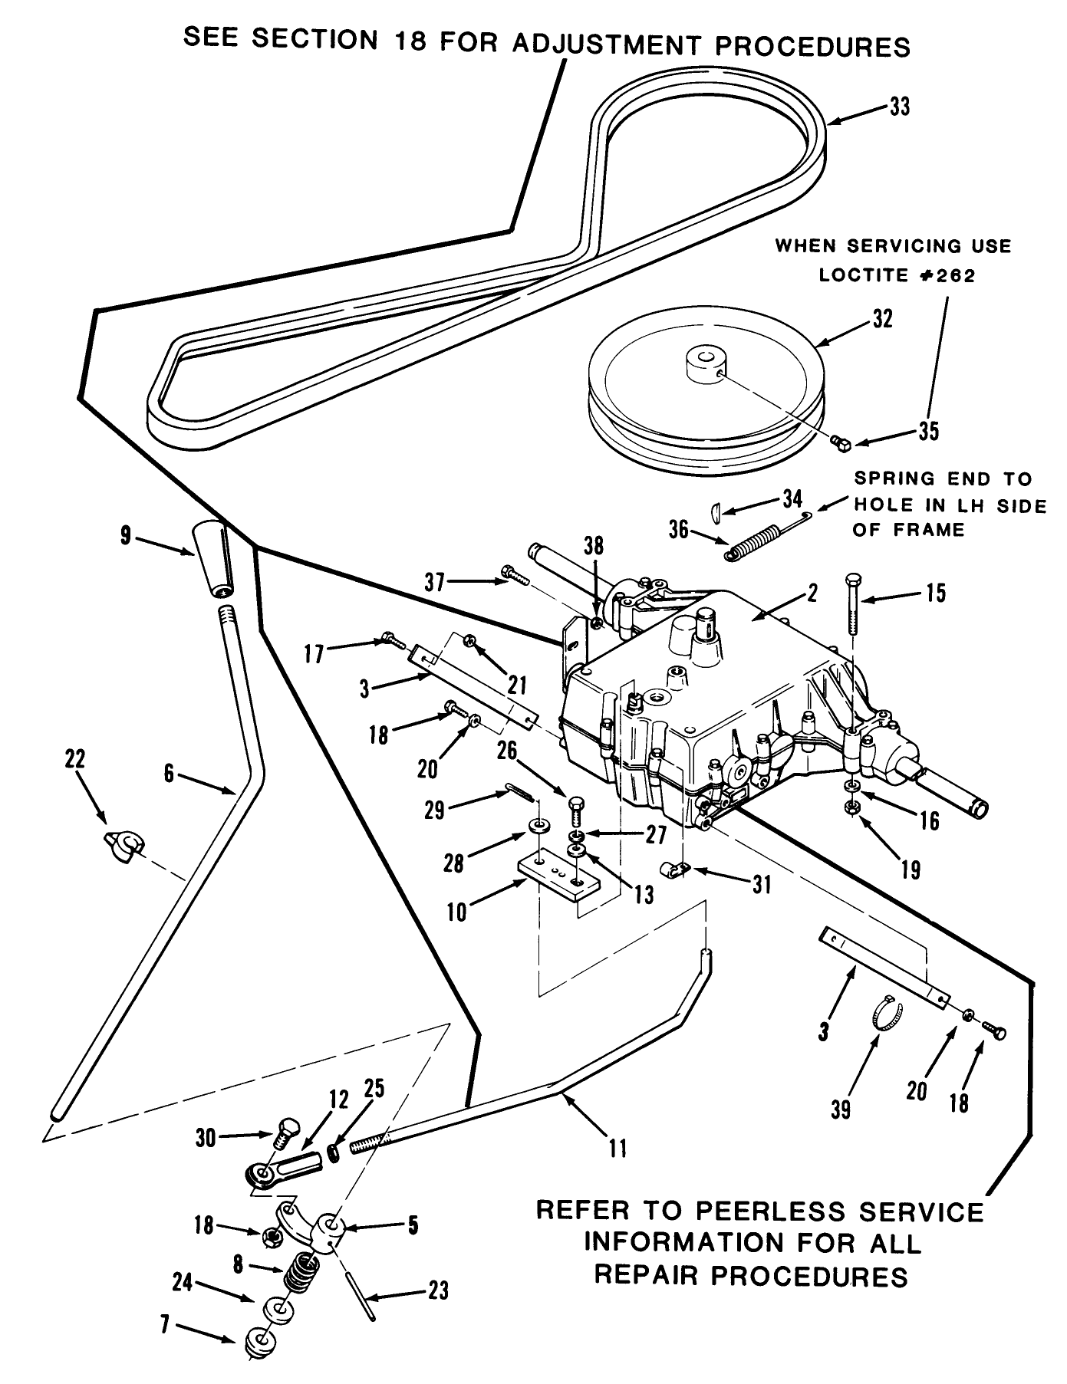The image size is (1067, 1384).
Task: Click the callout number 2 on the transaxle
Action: (x=812, y=592)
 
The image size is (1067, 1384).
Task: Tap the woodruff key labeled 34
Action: (x=715, y=511)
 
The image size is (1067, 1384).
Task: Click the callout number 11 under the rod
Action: (x=617, y=1148)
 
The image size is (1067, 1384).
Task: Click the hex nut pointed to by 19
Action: (x=850, y=807)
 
